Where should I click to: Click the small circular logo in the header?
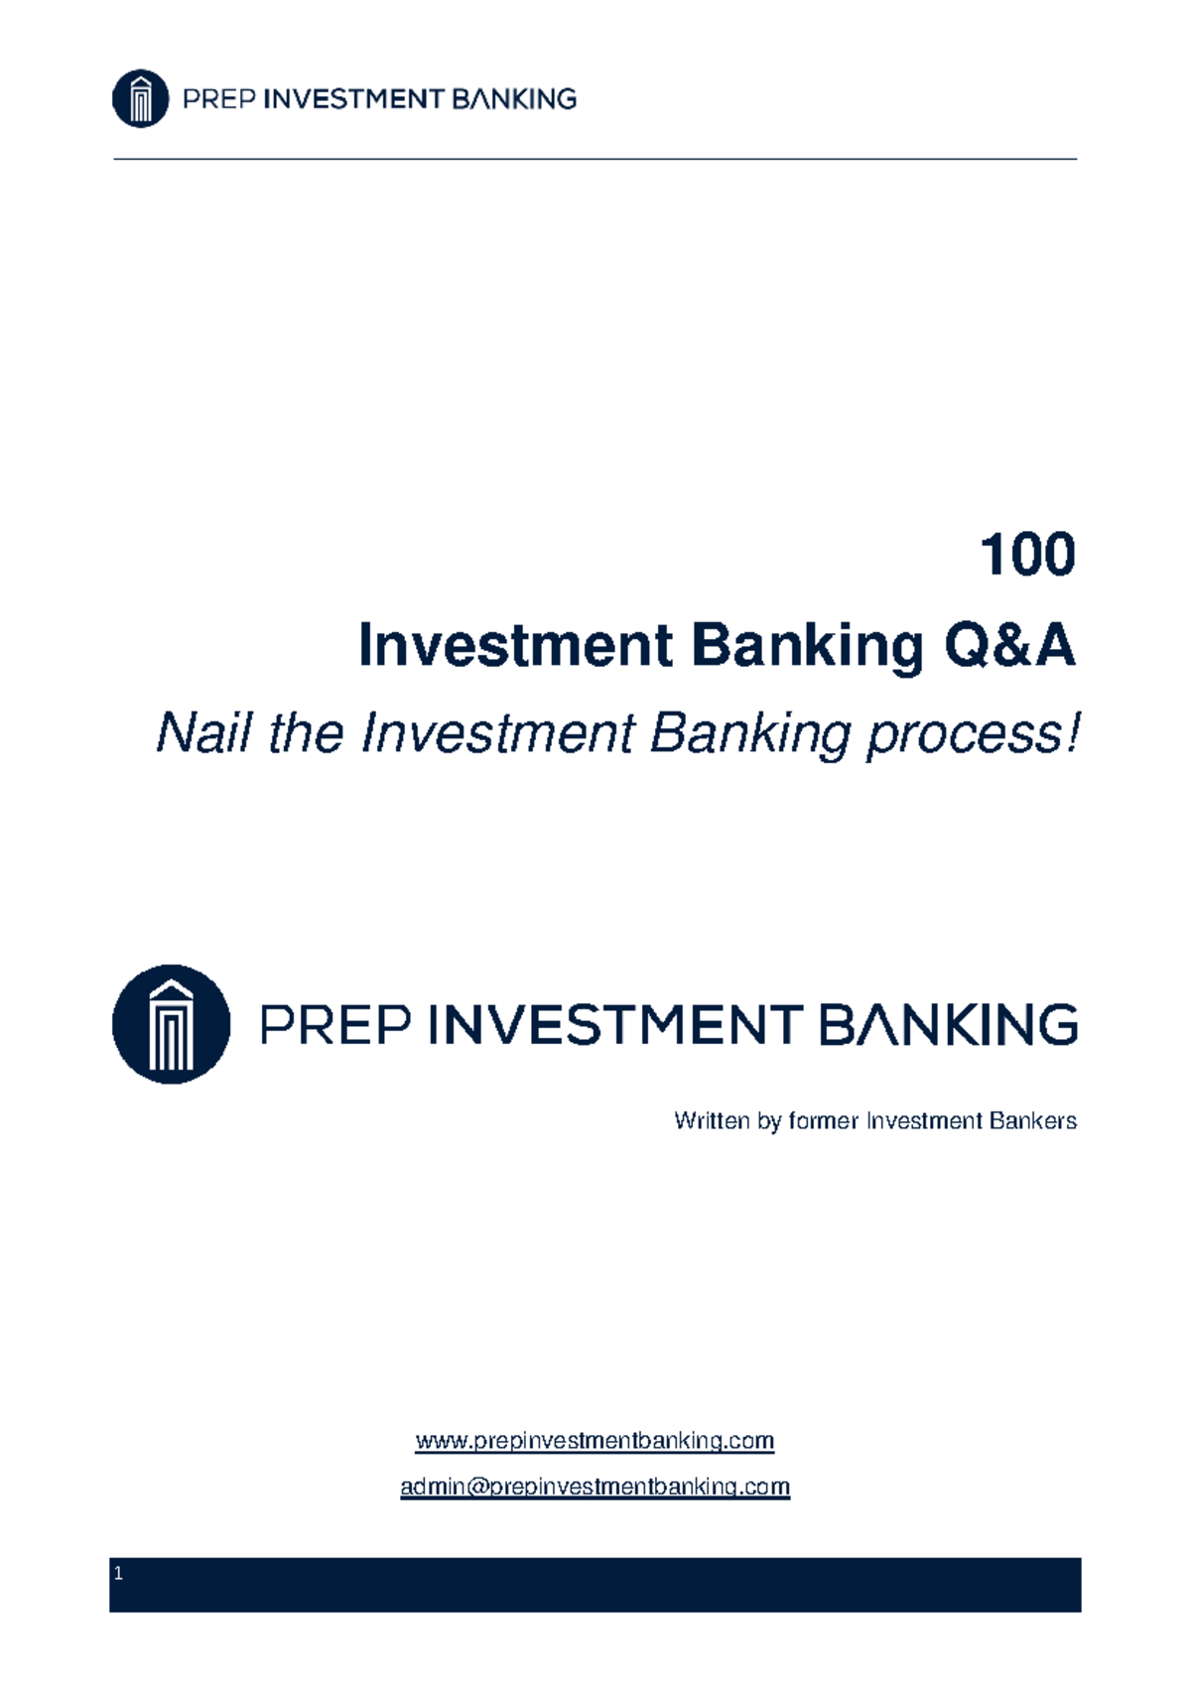click(140, 98)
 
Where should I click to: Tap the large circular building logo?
click(171, 1024)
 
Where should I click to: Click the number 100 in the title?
click(1026, 555)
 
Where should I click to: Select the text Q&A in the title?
click(1008, 646)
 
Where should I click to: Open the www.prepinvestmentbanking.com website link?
click(595, 1441)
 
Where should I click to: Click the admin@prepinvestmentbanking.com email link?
click(595, 1487)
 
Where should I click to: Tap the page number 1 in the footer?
click(119, 1574)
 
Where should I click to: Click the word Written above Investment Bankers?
click(712, 1121)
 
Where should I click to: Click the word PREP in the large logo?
click(335, 1025)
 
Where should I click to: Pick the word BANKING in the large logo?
click(949, 1025)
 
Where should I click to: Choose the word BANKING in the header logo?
click(513, 99)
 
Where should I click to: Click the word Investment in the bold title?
click(515, 646)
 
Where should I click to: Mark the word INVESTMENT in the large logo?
click(615, 1025)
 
